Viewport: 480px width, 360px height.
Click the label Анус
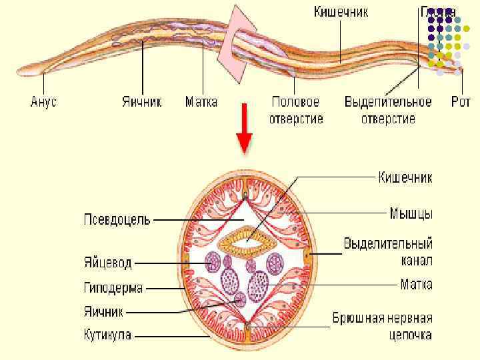44,103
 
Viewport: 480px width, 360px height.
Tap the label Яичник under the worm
142,103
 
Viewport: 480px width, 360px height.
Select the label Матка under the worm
201,103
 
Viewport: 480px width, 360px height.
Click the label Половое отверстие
296,111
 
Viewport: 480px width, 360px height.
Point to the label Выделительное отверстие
388,111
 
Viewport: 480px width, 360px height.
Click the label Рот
461,103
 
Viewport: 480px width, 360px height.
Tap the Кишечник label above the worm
341,13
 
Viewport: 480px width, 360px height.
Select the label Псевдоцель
117,219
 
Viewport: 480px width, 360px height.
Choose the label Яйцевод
108,263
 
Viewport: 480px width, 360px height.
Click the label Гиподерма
113,288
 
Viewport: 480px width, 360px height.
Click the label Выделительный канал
388,250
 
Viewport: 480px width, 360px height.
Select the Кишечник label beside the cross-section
405,177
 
